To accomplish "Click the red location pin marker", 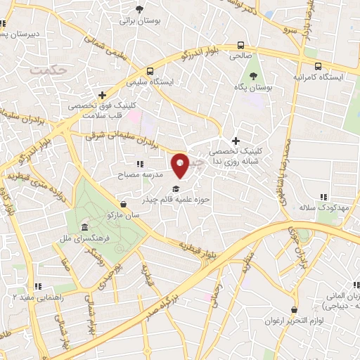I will pyautogui.click(x=180, y=165).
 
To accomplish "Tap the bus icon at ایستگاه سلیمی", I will pyautogui.click(x=150, y=71).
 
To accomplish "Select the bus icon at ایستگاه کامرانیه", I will pyautogui.click(x=319, y=66).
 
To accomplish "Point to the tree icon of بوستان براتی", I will pyautogui.click(x=141, y=9).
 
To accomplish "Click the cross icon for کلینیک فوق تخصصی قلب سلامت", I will pyautogui.click(x=103, y=94).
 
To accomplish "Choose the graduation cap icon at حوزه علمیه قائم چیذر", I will pyautogui.click(x=174, y=188).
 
